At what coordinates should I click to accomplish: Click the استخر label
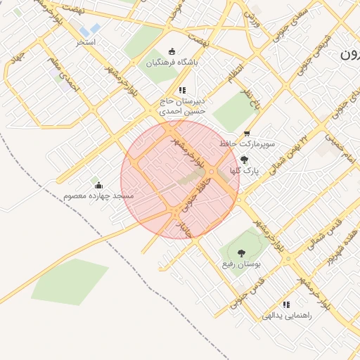pos(86,42)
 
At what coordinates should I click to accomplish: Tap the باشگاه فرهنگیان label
pos(172,63)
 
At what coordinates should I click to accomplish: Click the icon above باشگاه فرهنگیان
pos(173,51)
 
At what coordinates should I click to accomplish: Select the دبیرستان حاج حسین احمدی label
pos(182,106)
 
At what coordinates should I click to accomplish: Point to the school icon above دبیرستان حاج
pos(182,90)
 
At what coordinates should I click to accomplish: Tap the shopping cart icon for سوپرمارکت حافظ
pos(246,134)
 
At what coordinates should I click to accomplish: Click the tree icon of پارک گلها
pos(244,160)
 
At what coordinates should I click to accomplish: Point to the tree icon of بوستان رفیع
pos(242,252)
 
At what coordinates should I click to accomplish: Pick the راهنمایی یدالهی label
pos(286,316)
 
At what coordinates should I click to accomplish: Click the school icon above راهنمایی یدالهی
pos(286,304)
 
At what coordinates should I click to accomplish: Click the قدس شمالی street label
pos(325,234)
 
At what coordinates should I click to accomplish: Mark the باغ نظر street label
pos(252,99)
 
